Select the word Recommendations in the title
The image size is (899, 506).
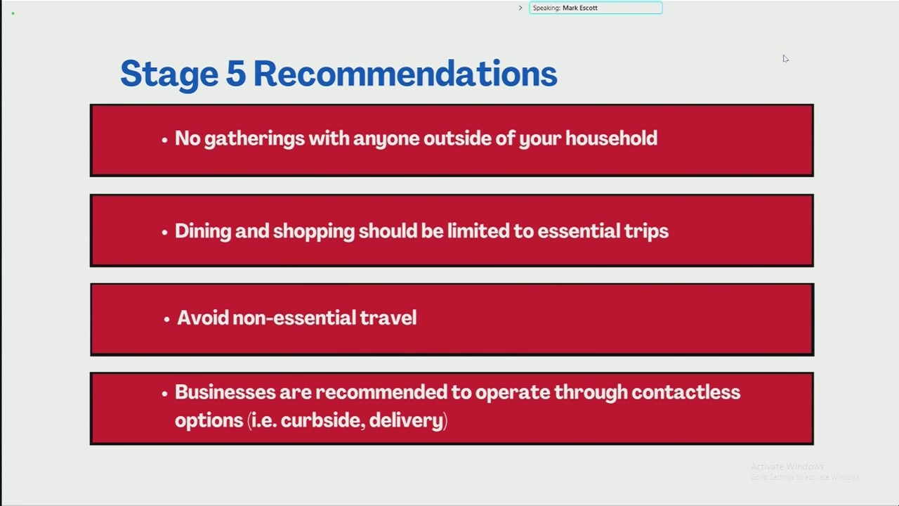click(x=405, y=73)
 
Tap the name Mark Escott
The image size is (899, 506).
click(x=580, y=8)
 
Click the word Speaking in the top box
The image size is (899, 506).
click(x=546, y=8)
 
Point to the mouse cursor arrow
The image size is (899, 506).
click(x=785, y=58)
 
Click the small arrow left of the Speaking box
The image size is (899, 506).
click(x=520, y=8)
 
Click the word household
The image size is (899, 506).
click(x=611, y=138)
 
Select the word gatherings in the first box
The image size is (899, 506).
click(x=254, y=139)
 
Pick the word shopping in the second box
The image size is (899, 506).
click(x=314, y=232)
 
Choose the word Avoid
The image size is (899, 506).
click(x=203, y=318)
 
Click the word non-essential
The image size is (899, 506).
click(x=294, y=318)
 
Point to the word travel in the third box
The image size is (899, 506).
click(x=388, y=318)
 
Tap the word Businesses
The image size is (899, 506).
click(x=225, y=392)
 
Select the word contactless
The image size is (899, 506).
click(x=686, y=392)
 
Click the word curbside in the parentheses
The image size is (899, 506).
click(x=322, y=420)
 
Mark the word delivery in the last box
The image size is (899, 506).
click(x=406, y=421)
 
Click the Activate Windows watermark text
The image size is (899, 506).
click(x=787, y=467)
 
